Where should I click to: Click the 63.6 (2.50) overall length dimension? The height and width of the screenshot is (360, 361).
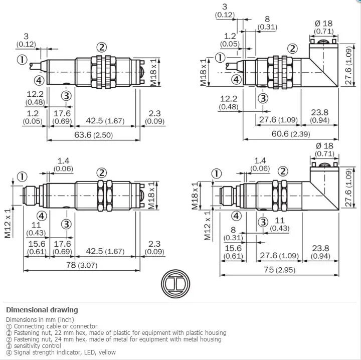pyautogui.click(x=93, y=135)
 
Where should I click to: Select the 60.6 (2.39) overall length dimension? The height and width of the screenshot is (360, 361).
pyautogui.click(x=291, y=134)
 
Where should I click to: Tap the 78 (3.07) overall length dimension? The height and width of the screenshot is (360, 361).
pyautogui.click(x=82, y=265)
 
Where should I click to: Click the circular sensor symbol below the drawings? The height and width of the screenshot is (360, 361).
pyautogui.click(x=175, y=284)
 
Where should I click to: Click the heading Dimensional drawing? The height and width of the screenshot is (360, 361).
pyautogui.click(x=42, y=310)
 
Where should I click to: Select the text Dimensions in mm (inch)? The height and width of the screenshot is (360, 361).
pyautogui.click(x=40, y=320)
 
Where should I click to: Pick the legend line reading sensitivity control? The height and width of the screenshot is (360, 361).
pyautogui.click(x=34, y=346)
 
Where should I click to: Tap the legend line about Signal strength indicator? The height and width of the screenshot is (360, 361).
pyautogui.click(x=61, y=352)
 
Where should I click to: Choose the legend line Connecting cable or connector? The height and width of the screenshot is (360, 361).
pyautogui.click(x=52, y=326)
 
